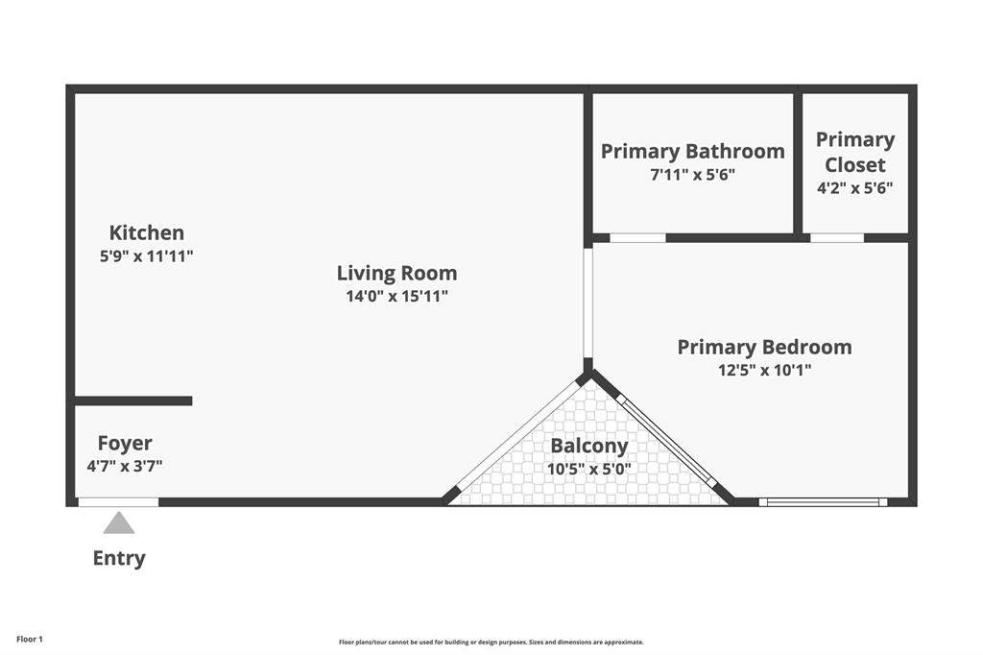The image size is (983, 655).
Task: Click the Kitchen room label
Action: click(146, 232)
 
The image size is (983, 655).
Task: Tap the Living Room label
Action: click(396, 273)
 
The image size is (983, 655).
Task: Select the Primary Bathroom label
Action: click(692, 151)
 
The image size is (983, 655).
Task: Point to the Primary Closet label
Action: click(854, 152)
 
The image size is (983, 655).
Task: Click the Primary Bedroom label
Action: click(764, 347)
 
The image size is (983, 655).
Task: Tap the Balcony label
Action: click(588, 446)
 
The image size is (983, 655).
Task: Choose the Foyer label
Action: click(125, 443)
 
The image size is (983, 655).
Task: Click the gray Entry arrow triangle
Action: click(119, 522)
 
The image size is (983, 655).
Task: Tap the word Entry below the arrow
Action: click(119, 558)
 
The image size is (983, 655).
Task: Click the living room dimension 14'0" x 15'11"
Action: click(396, 297)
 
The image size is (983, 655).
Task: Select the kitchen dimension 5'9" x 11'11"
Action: click(146, 255)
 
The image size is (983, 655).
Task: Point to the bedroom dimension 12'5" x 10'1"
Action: click(764, 370)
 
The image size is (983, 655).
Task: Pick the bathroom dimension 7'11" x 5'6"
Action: click(692, 175)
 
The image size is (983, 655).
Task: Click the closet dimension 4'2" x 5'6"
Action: click(854, 188)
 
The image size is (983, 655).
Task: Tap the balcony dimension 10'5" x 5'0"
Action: click(588, 469)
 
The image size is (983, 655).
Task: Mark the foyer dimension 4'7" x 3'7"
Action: click(125, 467)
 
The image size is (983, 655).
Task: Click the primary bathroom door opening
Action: click(637, 237)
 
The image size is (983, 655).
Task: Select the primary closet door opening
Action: click(836, 237)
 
